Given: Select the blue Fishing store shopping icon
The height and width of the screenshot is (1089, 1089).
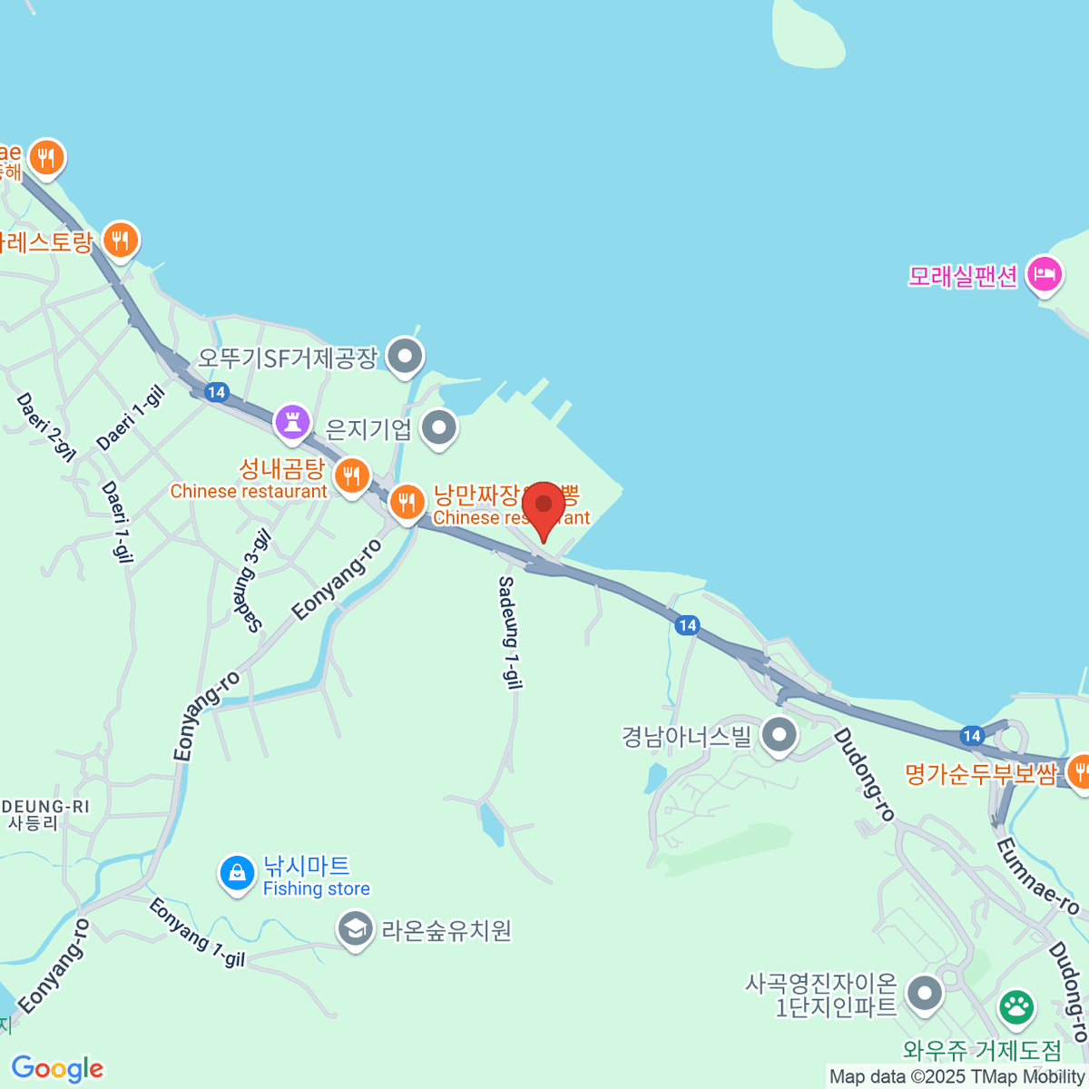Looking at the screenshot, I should click(x=237, y=873).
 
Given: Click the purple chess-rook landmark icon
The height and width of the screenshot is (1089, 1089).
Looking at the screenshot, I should click(x=292, y=422).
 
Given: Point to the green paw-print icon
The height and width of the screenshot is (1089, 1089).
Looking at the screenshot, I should click(x=1016, y=1006).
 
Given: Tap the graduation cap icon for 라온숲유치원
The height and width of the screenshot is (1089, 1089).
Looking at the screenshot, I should click(x=355, y=928).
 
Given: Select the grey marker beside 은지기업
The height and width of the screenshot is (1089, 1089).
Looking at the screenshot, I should click(x=440, y=427).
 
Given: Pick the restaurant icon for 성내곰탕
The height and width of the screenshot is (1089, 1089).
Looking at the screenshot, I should click(x=351, y=475).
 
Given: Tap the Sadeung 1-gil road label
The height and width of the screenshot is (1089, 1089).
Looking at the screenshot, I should click(x=510, y=633).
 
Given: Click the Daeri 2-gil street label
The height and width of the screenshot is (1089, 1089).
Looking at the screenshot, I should click(x=45, y=427).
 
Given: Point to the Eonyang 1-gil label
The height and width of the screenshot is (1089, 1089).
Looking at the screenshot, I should click(x=197, y=932).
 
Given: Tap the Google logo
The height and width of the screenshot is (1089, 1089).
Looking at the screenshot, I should click(x=57, y=1069).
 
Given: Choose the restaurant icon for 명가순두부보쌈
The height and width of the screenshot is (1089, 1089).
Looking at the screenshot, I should click(x=1079, y=772).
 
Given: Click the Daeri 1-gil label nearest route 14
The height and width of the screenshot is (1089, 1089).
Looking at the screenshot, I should click(x=132, y=417).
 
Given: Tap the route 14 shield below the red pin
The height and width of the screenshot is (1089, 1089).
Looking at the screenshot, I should click(x=687, y=624).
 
